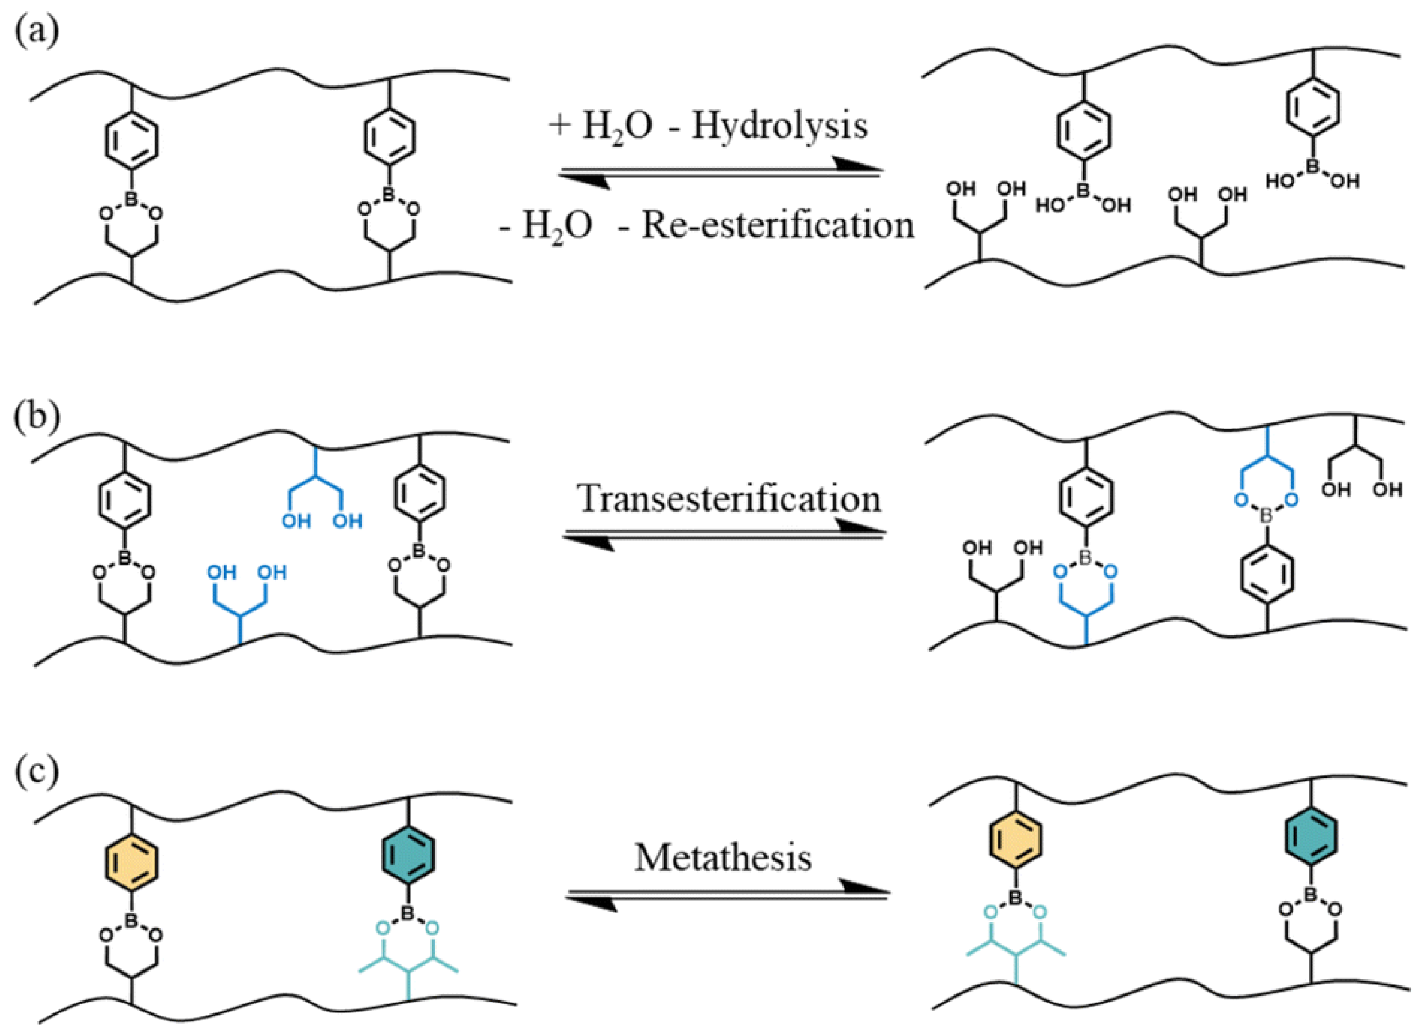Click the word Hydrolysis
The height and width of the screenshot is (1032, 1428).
(780, 127)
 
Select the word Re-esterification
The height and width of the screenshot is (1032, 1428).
(777, 226)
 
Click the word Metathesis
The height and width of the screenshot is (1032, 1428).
(723, 858)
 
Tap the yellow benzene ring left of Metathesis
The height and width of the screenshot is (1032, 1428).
(131, 862)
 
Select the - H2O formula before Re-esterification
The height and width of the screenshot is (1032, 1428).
(546, 226)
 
